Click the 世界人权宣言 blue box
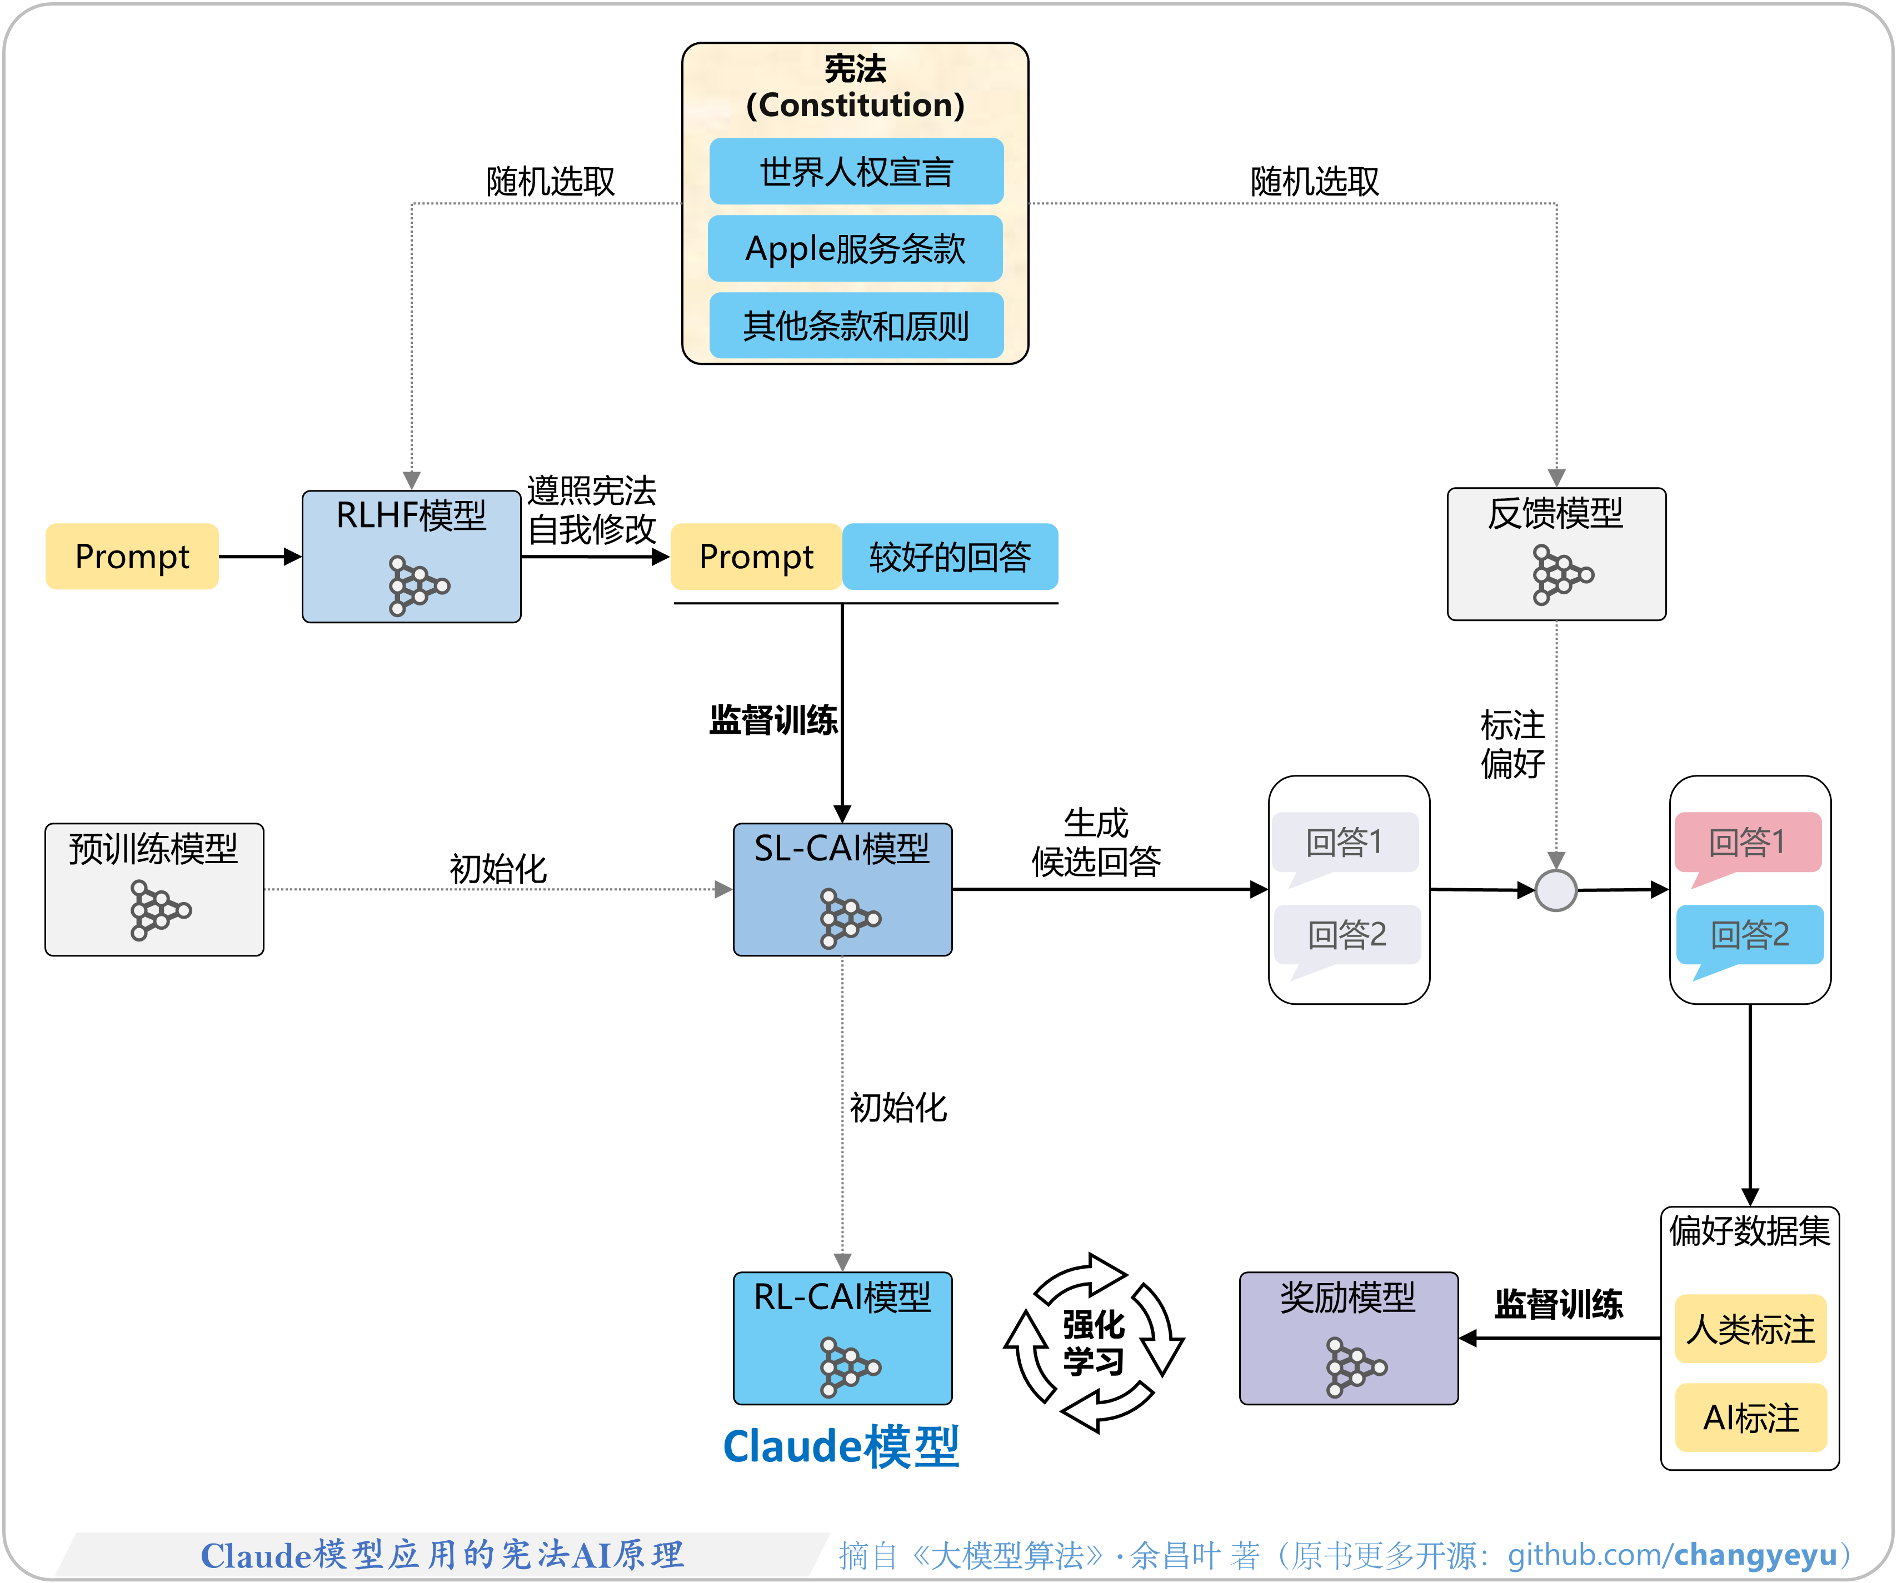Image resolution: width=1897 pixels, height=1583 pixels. coord(856,172)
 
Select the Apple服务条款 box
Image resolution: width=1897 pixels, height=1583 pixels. coord(856,248)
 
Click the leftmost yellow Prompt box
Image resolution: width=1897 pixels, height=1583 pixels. coord(132,556)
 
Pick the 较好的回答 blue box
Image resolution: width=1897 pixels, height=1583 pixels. coord(950,556)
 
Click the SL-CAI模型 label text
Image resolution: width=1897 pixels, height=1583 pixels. coord(841,848)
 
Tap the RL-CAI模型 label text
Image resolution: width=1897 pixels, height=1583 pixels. coord(841,1297)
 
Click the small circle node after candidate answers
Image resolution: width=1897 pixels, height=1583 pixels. coord(1555,890)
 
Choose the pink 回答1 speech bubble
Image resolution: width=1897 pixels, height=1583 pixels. coord(1747,843)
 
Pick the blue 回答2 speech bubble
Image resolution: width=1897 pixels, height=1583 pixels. coord(1749,935)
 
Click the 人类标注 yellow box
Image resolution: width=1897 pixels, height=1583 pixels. coord(1750,1329)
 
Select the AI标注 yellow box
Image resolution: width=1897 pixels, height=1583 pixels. coord(1750,1417)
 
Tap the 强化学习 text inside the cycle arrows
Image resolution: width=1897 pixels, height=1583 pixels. coord(1093,1343)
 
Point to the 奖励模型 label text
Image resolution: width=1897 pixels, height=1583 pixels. coord(1347,1297)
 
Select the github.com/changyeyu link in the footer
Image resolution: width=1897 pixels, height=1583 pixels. coord(1672,1554)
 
